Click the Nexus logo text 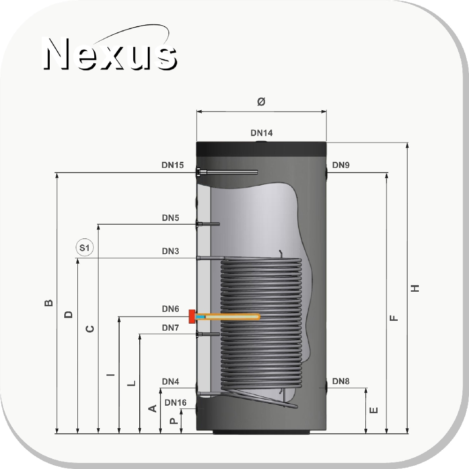pos(110,53)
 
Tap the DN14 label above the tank pos(261,133)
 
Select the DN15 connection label pos(173,165)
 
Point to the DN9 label pos(340,165)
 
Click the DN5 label pos(171,218)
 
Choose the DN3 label pos(171,251)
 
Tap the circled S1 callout pos(84,248)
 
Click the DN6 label pos(171,309)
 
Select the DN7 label pos(171,328)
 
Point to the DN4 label pos(171,382)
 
